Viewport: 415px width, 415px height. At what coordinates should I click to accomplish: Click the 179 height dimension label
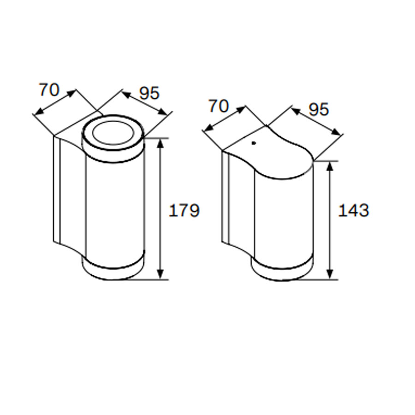[x=184, y=210]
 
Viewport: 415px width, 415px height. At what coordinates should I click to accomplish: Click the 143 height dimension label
[x=354, y=210]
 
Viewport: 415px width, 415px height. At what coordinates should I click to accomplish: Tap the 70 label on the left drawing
[x=49, y=90]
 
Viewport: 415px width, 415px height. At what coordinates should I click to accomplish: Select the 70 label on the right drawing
[x=219, y=106]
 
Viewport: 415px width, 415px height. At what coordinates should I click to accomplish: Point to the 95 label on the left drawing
[x=149, y=93]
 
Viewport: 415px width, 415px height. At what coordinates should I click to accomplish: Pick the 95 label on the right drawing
[x=319, y=109]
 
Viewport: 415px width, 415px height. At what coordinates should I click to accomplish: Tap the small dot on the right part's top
[x=254, y=143]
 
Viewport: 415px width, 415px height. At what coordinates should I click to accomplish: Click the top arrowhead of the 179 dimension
[x=160, y=143]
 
